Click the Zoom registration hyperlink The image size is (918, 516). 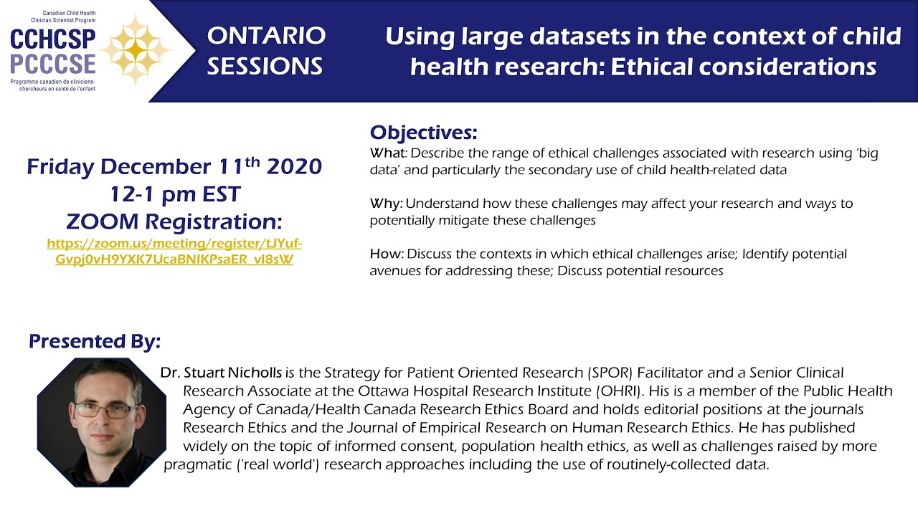[x=174, y=251]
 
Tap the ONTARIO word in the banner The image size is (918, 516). [x=266, y=35]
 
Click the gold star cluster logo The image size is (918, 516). [x=136, y=49]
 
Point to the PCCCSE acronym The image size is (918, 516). [x=53, y=63]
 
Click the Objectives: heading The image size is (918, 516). [x=423, y=133]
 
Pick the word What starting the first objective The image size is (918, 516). [x=387, y=153]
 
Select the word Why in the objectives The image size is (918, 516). [x=386, y=204]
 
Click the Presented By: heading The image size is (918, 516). [x=95, y=342]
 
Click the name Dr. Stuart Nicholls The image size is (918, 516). [x=222, y=373]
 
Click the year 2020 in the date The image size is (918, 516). [x=294, y=167]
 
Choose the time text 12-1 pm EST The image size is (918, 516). [x=174, y=193]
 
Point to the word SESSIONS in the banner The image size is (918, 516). [x=265, y=67]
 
